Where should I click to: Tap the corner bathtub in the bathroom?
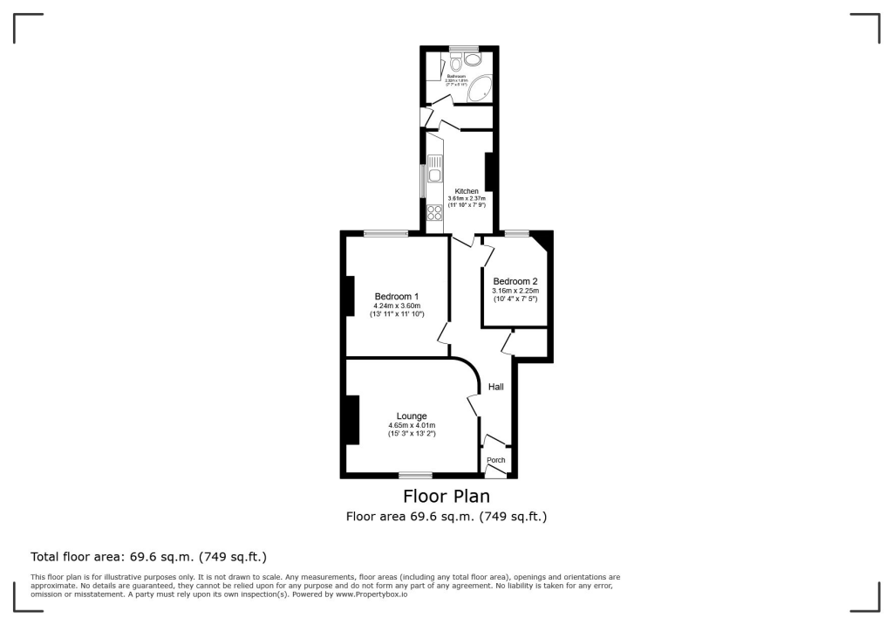tap(481, 89)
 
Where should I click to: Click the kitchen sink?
tap(435, 174)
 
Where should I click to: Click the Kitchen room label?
tap(466, 191)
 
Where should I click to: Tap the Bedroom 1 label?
tap(397, 297)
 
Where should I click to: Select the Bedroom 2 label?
tap(515, 281)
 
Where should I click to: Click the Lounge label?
tap(412, 416)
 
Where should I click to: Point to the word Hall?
tap(495, 387)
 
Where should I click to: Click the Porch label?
tap(495, 460)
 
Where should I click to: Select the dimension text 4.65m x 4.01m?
tap(412, 426)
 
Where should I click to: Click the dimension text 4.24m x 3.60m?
tap(397, 306)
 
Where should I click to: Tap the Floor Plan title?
tap(446, 497)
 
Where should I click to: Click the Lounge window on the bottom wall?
tap(416, 475)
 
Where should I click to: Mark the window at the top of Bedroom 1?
tap(385, 233)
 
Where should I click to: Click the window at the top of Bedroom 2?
tap(516, 233)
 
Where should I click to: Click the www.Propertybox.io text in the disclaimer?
tap(372, 594)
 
